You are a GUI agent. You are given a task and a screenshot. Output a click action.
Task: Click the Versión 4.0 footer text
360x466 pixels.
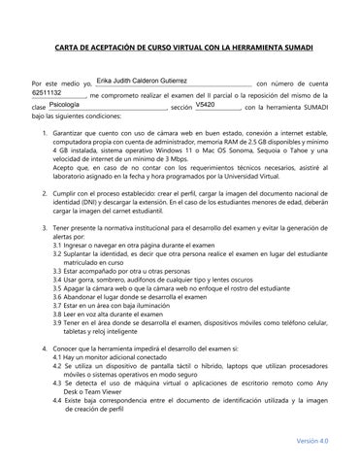pyautogui.click(x=312, y=440)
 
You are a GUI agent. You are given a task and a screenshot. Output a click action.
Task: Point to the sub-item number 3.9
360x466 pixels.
pyautogui.click(x=60, y=320)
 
